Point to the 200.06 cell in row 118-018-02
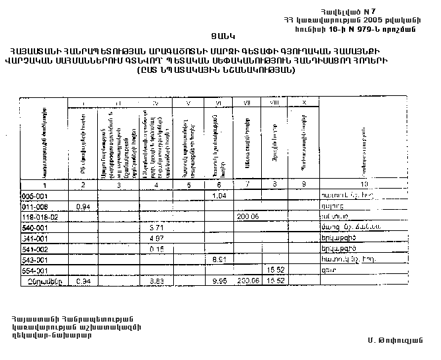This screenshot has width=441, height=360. (247, 216)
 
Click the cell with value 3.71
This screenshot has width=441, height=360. (156, 228)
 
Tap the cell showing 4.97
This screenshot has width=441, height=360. (156, 238)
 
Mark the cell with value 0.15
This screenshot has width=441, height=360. (156, 249)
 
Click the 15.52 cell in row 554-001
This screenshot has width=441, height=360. (275, 271)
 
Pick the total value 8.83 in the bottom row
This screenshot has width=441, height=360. (156, 281)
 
